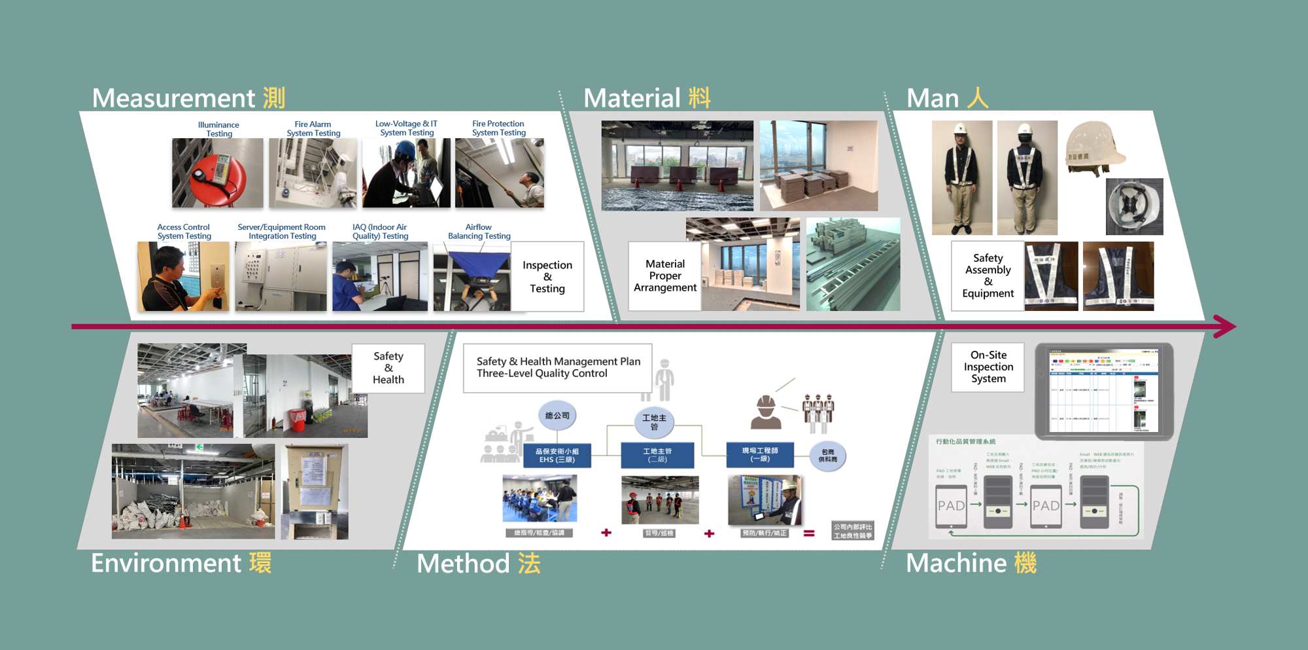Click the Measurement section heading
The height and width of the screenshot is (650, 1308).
pyautogui.click(x=174, y=98)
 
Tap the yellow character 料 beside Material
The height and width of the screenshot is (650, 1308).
pyautogui.click(x=699, y=98)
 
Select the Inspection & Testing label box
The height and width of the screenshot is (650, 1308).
pyautogui.click(x=547, y=276)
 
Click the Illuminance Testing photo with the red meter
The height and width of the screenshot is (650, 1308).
pyautogui.click(x=217, y=173)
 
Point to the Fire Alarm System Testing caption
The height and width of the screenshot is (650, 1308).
pyautogui.click(x=313, y=128)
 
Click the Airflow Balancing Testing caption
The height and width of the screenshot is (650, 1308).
pyautogui.click(x=479, y=232)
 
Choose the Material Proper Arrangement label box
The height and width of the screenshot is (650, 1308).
pyautogui.click(x=664, y=276)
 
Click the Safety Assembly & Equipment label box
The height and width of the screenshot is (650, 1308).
pyautogui.click(x=988, y=276)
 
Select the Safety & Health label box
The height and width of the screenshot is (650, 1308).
pyautogui.click(x=388, y=368)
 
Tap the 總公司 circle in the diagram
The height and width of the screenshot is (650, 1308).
pyautogui.click(x=557, y=416)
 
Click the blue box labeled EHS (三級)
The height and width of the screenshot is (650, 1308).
pyautogui.click(x=557, y=456)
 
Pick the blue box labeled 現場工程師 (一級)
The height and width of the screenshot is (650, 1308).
pyautogui.click(x=760, y=455)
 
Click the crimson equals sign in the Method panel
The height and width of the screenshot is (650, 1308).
pyautogui.click(x=809, y=533)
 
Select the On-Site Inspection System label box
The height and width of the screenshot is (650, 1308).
pyautogui.click(x=988, y=367)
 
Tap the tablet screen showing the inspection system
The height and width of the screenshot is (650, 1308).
pyautogui.click(x=1103, y=391)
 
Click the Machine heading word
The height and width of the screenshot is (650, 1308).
pyautogui.click(x=956, y=563)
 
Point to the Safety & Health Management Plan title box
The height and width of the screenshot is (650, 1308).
pyautogui.click(x=558, y=368)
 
